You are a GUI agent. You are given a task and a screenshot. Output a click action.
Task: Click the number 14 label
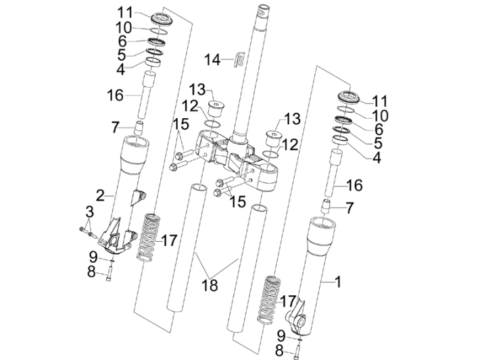pos(212,60)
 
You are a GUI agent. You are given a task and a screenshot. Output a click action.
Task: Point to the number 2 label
pos(100,196)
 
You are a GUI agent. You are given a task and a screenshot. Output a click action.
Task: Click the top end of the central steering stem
pos(260,10)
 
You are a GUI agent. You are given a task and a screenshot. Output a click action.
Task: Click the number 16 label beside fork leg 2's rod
pos(115,95)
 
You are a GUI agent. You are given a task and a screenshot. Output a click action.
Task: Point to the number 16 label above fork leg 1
pos(354,185)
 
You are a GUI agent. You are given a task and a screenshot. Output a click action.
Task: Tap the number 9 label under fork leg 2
pos(93,256)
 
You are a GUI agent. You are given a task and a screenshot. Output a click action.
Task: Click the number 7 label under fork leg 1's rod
pos(349,209)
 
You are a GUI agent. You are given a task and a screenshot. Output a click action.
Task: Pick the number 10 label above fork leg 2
pos(123,27)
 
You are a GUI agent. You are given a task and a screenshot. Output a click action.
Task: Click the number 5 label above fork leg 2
pos(121,55)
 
